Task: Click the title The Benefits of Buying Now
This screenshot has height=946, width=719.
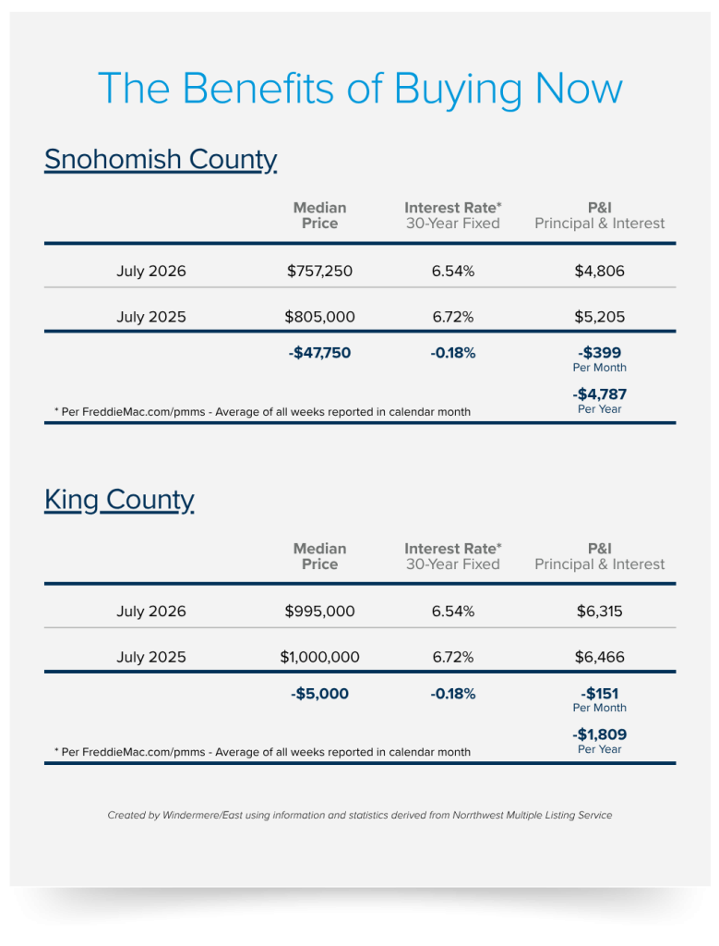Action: point(360,90)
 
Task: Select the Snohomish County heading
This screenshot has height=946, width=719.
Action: point(161,160)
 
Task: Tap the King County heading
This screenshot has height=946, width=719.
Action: point(119,500)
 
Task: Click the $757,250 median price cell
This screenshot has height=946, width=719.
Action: point(319,271)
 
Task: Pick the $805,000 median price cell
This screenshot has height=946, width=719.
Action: point(319,317)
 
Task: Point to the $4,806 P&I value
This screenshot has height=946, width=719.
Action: point(599,271)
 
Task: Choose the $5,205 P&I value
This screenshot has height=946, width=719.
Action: point(599,317)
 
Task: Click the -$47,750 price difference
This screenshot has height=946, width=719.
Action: point(319,353)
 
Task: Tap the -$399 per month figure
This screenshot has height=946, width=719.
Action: point(599,353)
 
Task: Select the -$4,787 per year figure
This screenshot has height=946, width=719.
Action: point(599,394)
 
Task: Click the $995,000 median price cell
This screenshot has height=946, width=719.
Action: point(319,612)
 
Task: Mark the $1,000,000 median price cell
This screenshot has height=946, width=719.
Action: point(319,657)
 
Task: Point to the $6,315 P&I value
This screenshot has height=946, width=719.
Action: point(599,612)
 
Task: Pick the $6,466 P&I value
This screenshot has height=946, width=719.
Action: point(599,657)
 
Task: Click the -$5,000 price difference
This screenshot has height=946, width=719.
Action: point(319,694)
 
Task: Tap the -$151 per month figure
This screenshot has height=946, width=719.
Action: point(599,694)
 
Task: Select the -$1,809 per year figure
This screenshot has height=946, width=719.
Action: point(599,734)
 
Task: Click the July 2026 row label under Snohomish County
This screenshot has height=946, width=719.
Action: point(150,271)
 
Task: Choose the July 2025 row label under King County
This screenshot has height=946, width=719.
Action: point(150,657)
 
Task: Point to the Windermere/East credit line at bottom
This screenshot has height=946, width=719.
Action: point(360,815)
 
